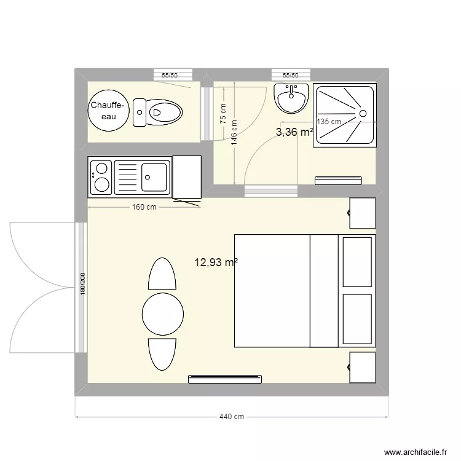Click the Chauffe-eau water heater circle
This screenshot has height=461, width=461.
pyautogui.click(x=109, y=111)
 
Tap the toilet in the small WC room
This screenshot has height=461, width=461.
pyautogui.click(x=159, y=112)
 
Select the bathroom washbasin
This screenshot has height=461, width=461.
pyautogui.click(x=291, y=98)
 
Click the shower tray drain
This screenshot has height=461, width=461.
pyautogui.click(x=363, y=113)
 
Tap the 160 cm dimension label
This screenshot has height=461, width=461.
pyautogui.click(x=144, y=207)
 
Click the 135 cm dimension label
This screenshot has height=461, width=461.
pyautogui.click(x=329, y=122)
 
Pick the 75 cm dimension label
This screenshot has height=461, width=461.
pyautogui.click(x=223, y=114)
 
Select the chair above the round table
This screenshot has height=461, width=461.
pyautogui.click(x=162, y=275)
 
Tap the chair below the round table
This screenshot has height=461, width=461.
pyautogui.click(x=162, y=354)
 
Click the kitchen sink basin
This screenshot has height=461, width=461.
pyautogui.click(x=154, y=177)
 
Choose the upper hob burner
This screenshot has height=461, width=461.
pyautogui.click(x=101, y=167)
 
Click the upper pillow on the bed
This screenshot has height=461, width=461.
pyautogui.click(x=357, y=261)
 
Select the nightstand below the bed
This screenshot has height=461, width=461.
pyautogui.click(x=363, y=367)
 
